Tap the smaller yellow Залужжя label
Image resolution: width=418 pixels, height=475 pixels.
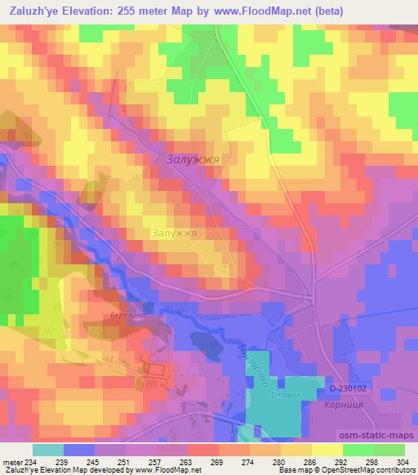(x=175, y=233)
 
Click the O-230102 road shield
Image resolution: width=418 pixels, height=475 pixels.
(x=349, y=388)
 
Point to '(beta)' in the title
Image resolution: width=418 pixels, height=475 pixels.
(x=321, y=11)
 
